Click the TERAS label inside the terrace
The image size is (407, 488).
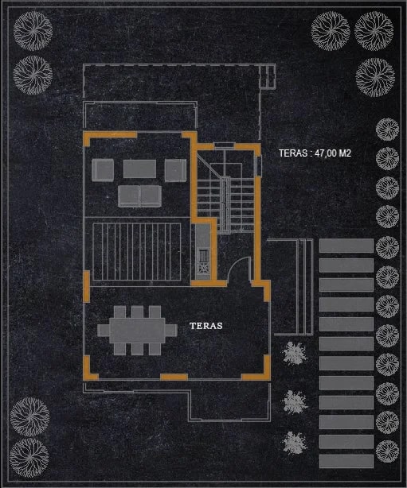[x=205, y=326]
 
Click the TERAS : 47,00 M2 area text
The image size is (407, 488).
[x=315, y=153]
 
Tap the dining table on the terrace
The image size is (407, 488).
[x=137, y=330]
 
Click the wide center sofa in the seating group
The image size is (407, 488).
[x=139, y=168]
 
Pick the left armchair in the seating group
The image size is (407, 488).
[x=103, y=170]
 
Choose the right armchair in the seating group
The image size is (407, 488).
[x=175, y=170]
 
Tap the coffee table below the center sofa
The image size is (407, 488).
[x=139, y=196]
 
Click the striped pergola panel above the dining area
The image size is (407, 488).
[x=137, y=251]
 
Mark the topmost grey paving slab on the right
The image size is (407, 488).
[x=346, y=246]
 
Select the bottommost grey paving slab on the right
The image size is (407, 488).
[x=346, y=461]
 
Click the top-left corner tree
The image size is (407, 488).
[x=33, y=31]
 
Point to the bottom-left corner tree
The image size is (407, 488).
[x=29, y=458]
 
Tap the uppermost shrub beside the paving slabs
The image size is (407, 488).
[x=295, y=353]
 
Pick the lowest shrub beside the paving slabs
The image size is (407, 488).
[x=295, y=442]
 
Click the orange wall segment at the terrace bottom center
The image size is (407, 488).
[x=174, y=378]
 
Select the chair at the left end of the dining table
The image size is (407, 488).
[x=104, y=331]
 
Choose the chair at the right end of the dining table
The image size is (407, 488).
[x=171, y=330]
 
